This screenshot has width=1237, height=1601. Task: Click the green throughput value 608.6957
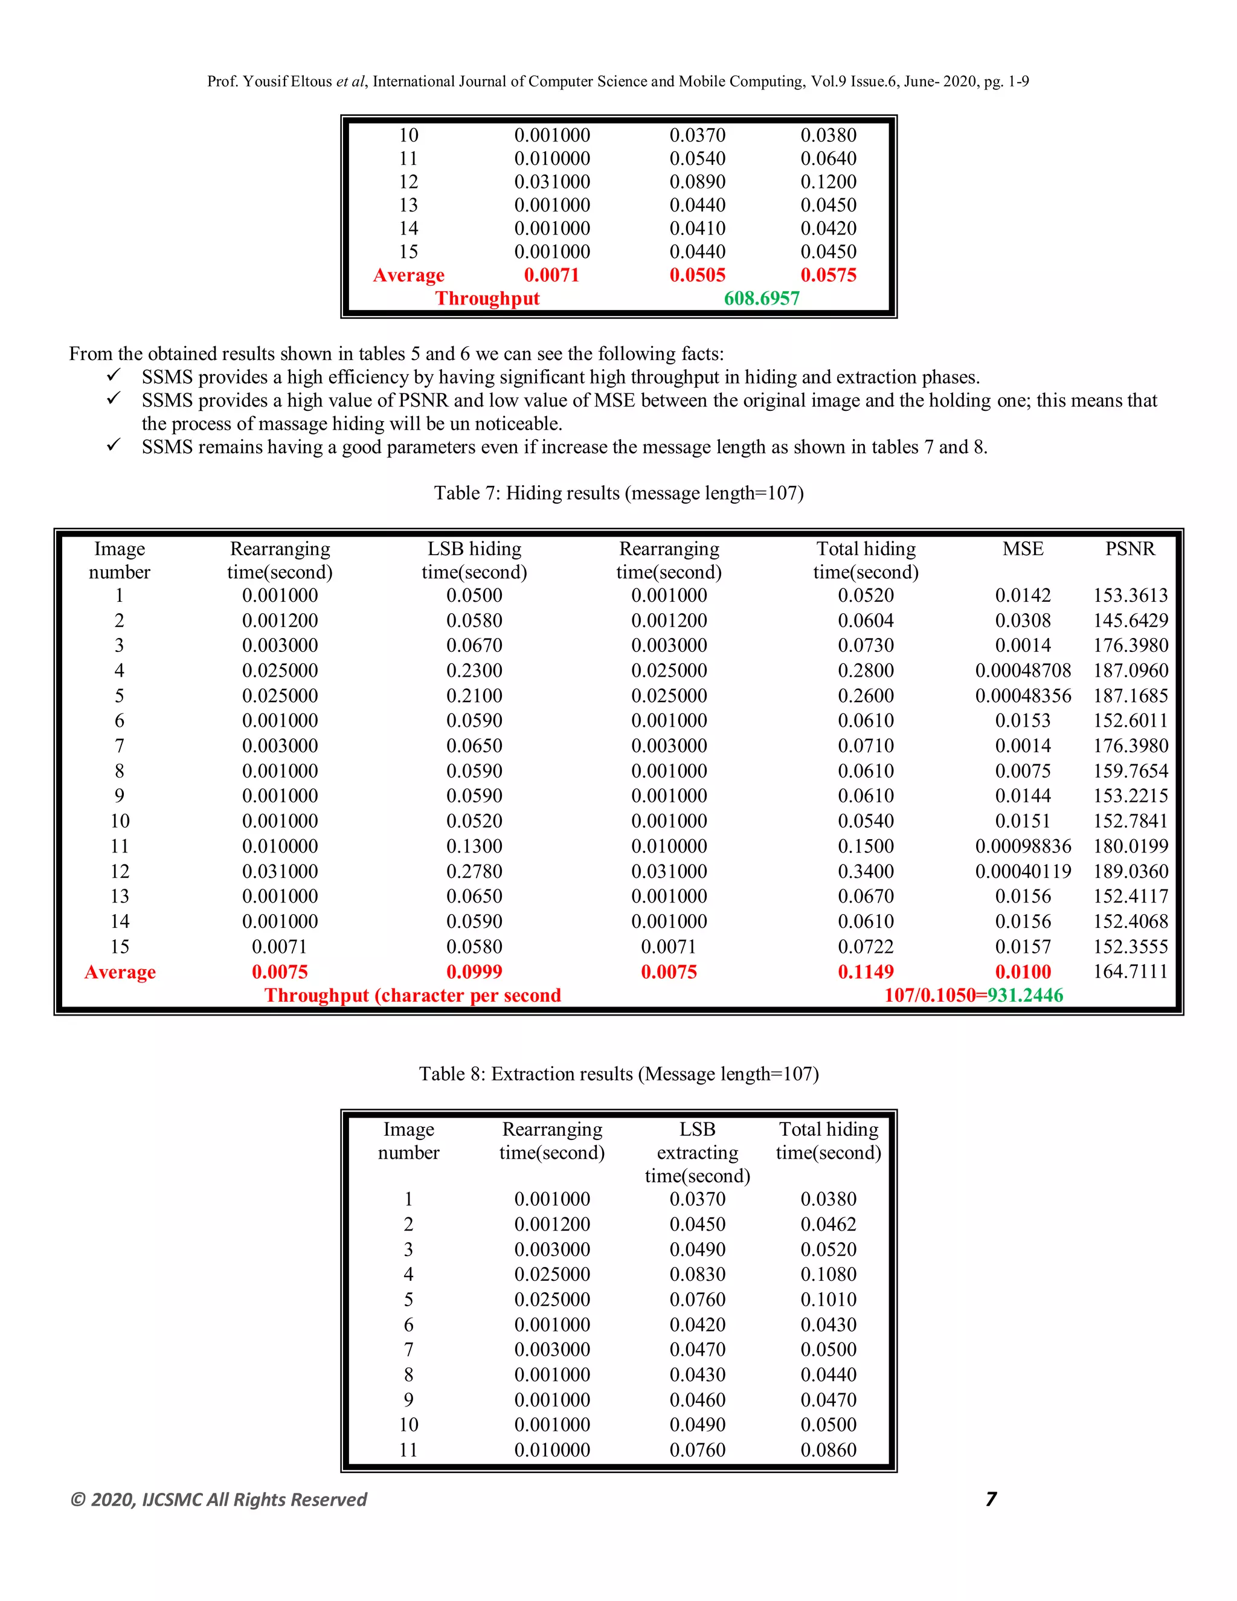(x=762, y=298)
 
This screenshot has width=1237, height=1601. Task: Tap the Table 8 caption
(x=618, y=1074)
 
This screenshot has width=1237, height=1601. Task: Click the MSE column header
(x=1023, y=549)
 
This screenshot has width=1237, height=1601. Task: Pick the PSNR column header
(x=1130, y=549)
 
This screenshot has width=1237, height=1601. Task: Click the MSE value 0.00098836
(x=1023, y=846)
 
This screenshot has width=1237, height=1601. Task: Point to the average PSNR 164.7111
(x=1130, y=971)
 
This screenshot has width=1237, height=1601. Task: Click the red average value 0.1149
(x=866, y=971)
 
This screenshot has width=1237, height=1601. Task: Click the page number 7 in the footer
(x=991, y=1499)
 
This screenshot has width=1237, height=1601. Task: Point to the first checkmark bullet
(x=114, y=375)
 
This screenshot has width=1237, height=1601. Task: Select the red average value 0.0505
(x=697, y=275)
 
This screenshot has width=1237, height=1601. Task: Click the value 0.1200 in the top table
(x=828, y=182)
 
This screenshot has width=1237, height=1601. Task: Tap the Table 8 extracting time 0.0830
(x=697, y=1274)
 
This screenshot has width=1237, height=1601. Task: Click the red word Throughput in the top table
(x=487, y=298)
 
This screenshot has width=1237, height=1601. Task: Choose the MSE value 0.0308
(x=1023, y=620)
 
